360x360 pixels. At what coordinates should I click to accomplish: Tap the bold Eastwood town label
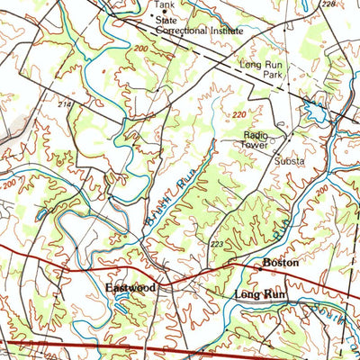(x=130, y=287)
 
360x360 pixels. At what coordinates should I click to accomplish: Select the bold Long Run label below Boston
(x=259, y=295)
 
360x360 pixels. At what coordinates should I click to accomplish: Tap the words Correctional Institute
(x=200, y=30)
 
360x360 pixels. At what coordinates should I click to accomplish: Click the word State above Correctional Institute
(x=166, y=18)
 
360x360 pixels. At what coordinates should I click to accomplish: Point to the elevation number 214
(x=64, y=105)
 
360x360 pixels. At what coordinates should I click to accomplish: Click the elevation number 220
(x=238, y=115)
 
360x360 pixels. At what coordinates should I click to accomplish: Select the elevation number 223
(x=216, y=244)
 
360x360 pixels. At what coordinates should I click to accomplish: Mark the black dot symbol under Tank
(x=152, y=13)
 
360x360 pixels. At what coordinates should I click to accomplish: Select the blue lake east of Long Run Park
(x=315, y=112)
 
